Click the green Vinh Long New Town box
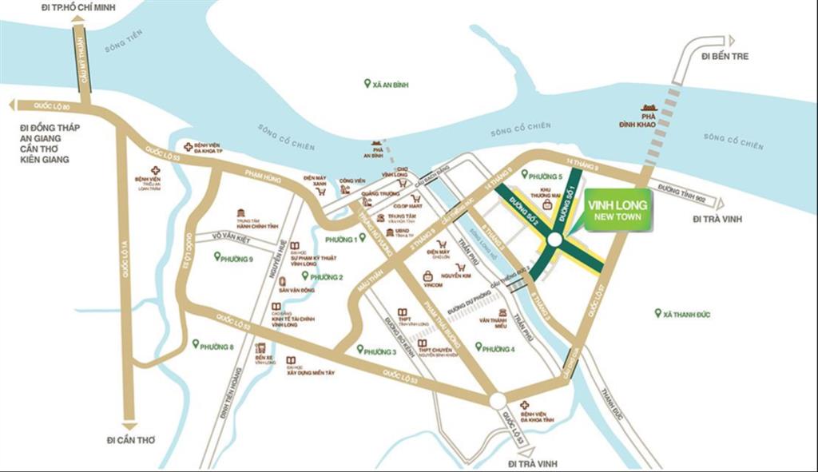pyautogui.click(x=617, y=211)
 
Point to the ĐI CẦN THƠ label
pyautogui.click(x=129, y=440)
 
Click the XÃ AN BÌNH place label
pyautogui.click(x=387, y=83)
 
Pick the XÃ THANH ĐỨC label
pyautogui.click(x=684, y=314)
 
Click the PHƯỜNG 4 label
pyautogui.click(x=498, y=348)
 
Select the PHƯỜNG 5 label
pyautogui.click(x=546, y=175)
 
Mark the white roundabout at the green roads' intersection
pyautogui.click(x=554, y=240)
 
